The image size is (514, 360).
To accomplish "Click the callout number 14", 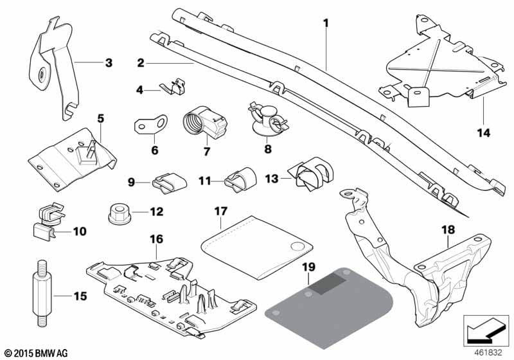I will pos(483,133).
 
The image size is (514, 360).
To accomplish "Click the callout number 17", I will pos(221,210).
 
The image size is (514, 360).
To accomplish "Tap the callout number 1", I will pos(326,24).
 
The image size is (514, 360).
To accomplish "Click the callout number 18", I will pos(447,229).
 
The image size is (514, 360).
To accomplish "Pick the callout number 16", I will pos(157,239).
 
